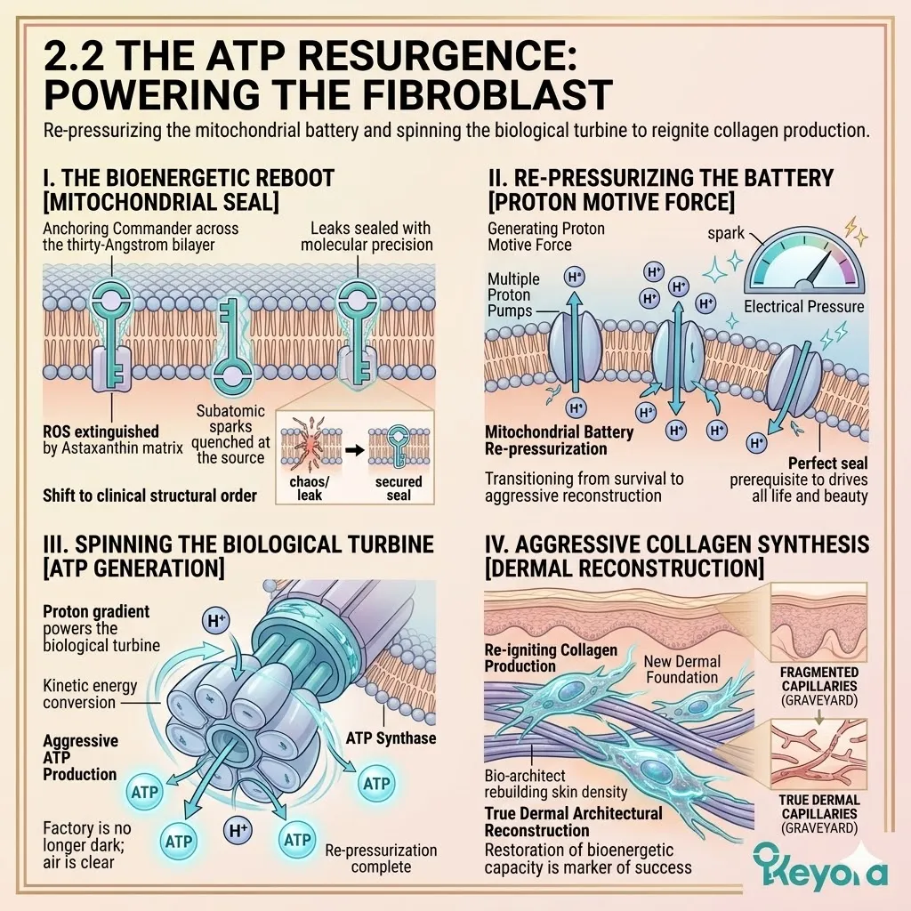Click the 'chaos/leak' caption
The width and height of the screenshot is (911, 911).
click(309, 488)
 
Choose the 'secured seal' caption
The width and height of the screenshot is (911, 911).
click(399, 488)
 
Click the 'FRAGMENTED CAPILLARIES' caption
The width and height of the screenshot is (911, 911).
click(818, 680)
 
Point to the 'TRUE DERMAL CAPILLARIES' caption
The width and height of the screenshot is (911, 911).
click(818, 806)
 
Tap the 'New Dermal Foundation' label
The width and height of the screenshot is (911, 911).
click(681, 669)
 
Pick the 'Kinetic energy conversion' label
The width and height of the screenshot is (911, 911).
click(80, 694)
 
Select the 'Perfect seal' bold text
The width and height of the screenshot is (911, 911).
click(828, 464)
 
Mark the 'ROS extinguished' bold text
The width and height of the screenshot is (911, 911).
click(101, 431)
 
